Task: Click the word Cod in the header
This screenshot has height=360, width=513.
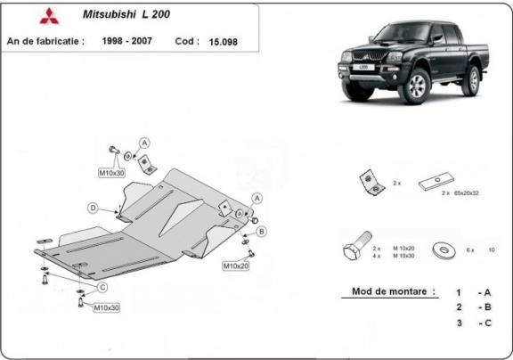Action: [186, 40]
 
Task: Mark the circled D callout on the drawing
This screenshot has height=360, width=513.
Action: [93, 208]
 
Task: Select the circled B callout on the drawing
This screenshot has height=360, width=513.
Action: [262, 232]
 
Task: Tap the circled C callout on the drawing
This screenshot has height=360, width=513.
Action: [103, 286]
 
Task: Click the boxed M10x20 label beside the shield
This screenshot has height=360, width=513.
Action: [235, 266]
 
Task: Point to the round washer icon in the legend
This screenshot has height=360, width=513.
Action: [438, 250]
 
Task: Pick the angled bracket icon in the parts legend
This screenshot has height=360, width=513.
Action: [366, 181]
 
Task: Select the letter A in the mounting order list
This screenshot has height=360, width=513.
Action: [486, 291]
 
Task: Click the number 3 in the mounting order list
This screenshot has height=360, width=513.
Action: [458, 323]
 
